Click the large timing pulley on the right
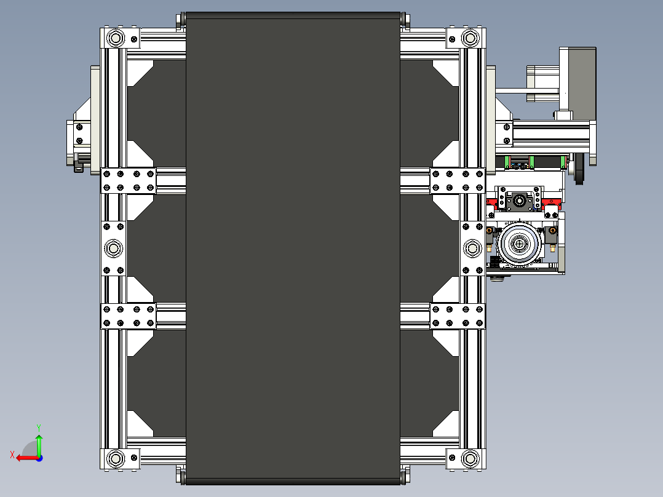click(x=520, y=244)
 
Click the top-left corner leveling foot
click(x=115, y=38)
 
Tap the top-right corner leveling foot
click(x=470, y=38)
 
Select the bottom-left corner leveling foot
click(x=115, y=459)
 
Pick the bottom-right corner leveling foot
click(x=470, y=459)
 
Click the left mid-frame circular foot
click(x=114, y=248)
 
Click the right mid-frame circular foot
click(x=472, y=248)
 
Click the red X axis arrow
click(x=25, y=458)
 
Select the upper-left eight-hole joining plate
click(x=128, y=180)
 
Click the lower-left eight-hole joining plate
click(x=128, y=316)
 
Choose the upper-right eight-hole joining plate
click(x=458, y=180)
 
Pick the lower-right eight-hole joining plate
click(x=458, y=316)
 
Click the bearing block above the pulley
click(x=520, y=201)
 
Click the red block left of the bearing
click(x=492, y=202)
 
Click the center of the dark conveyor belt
click(x=293, y=248)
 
